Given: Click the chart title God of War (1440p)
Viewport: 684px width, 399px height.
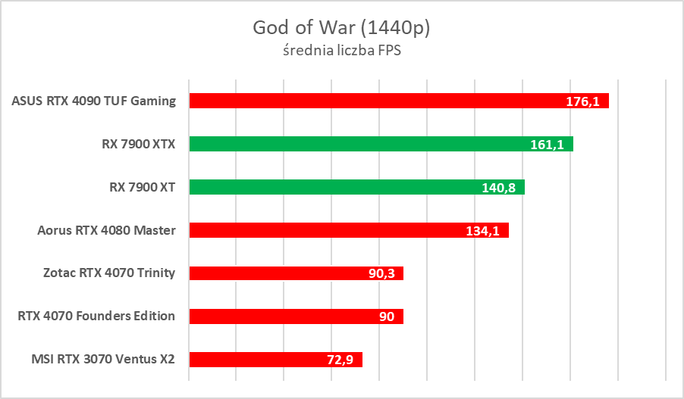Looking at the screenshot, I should point(342,28).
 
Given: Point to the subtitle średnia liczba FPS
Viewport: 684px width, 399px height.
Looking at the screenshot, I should point(342,53).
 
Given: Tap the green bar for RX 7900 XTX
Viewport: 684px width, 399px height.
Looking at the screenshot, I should point(349,144).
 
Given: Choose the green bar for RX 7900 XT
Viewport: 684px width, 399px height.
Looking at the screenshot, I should point(326,187).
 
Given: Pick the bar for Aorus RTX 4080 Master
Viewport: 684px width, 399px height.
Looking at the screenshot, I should point(318,230).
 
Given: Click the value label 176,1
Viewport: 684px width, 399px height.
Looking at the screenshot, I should point(583,101).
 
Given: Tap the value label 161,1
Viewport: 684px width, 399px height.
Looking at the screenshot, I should point(547,145).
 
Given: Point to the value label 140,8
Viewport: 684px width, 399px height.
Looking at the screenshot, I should point(499,188).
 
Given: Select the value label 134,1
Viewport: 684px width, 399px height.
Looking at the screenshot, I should point(482,231).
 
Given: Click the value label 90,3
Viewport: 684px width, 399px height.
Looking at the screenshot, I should point(381,274).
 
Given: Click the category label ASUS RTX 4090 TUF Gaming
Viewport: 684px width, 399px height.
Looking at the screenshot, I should point(94,101).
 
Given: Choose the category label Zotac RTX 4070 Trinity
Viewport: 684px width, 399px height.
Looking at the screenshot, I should point(110,273).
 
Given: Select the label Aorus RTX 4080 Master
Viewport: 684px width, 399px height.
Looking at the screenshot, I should point(107,230).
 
